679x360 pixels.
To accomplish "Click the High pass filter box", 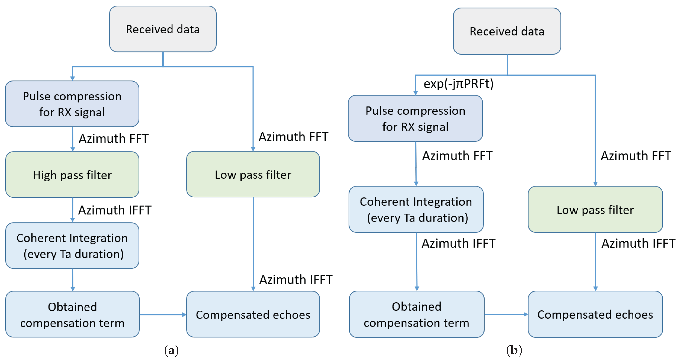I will [x=72, y=174].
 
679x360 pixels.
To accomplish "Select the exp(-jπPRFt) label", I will [x=458, y=84].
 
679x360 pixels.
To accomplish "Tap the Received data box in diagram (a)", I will [x=163, y=29].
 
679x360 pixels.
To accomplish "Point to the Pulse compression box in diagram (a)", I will [x=72, y=104].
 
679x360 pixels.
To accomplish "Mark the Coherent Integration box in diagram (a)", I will [x=72, y=246].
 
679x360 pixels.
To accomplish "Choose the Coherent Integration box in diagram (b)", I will [x=416, y=209].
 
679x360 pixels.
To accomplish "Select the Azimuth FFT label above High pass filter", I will [x=114, y=139].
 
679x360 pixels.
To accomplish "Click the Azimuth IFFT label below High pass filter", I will [x=115, y=210].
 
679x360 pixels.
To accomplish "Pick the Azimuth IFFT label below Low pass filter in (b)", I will [x=638, y=243].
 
